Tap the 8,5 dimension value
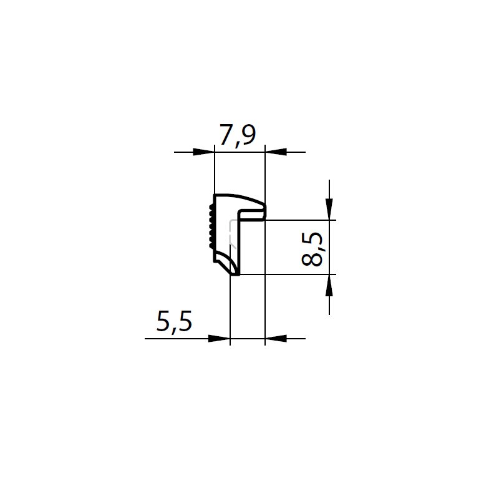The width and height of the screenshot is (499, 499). [313, 248]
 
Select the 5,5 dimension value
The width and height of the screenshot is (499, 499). [174, 322]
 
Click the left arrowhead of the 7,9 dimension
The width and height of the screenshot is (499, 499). [205, 152]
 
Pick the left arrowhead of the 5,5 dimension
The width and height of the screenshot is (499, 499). [219, 339]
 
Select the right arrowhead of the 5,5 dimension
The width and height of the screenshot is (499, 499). [275, 339]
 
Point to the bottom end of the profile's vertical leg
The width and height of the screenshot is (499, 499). [236, 272]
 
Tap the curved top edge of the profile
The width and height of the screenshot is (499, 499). [240, 197]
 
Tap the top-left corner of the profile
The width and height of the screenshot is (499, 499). [215, 196]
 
